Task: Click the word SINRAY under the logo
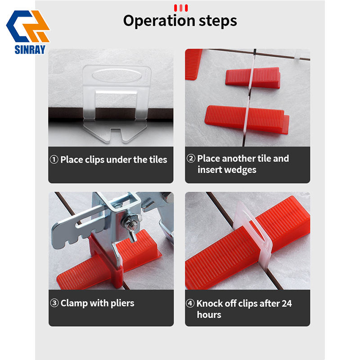[x=30, y=49]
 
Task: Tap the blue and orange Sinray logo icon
[x=28, y=26]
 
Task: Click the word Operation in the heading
[x=159, y=21]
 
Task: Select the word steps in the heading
[x=218, y=21]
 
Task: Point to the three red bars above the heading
[x=181, y=8]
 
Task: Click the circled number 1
[x=54, y=159]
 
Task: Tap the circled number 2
[x=191, y=158]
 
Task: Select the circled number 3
[x=54, y=303]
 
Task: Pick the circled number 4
[x=190, y=303]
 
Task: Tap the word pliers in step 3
[x=122, y=303]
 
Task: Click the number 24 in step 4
[x=287, y=303]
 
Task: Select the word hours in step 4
[x=209, y=315]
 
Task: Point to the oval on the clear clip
[x=117, y=75]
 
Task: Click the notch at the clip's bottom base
[x=116, y=132]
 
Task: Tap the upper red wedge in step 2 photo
[x=253, y=77]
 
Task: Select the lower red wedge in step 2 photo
[x=247, y=119]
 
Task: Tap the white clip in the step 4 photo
[x=252, y=232]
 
